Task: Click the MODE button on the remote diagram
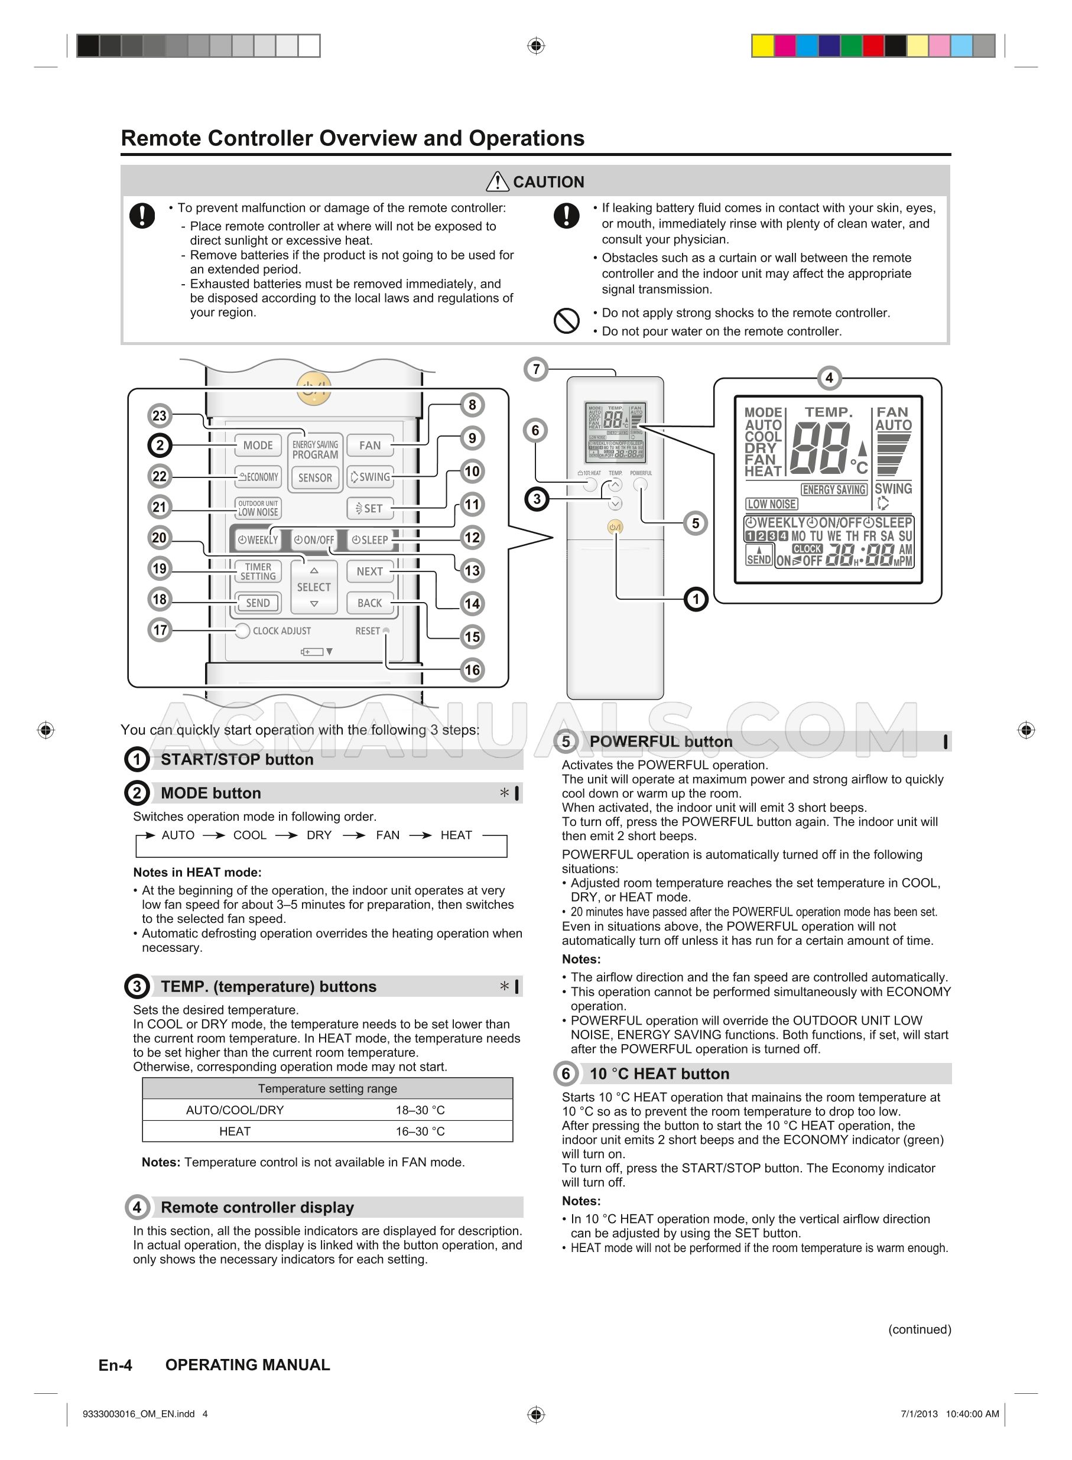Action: [x=258, y=445]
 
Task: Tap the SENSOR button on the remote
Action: [x=315, y=477]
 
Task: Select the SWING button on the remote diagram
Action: [x=370, y=477]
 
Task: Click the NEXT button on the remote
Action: [x=369, y=571]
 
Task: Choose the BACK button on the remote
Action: [x=369, y=603]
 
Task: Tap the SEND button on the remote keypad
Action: [x=258, y=603]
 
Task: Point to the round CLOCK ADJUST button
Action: [x=242, y=630]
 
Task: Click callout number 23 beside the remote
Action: [x=159, y=416]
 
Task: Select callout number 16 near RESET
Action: [x=472, y=669]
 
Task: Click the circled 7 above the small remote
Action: [x=536, y=369]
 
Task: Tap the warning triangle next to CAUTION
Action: [x=497, y=181]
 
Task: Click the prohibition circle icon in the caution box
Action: [x=566, y=320]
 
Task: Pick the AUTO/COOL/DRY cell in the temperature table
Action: [x=235, y=1110]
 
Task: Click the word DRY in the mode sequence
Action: [x=319, y=835]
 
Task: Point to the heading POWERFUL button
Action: [x=661, y=742]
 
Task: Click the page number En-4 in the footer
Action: [x=115, y=1365]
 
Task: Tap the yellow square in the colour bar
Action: [x=762, y=46]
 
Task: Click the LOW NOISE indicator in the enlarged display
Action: [x=772, y=504]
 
